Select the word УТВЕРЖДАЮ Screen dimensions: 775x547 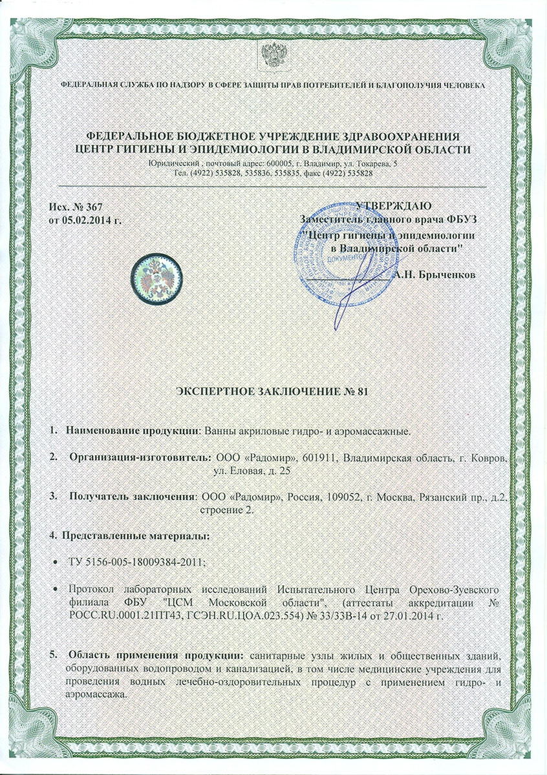tap(390, 207)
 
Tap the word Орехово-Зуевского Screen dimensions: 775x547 tap(452, 590)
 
